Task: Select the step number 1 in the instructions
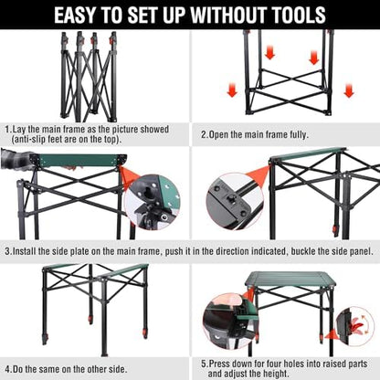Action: click(x=7, y=130)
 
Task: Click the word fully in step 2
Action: click(x=298, y=134)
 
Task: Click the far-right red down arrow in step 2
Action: click(x=349, y=90)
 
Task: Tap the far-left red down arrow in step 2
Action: click(x=232, y=90)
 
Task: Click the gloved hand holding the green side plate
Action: click(x=16, y=159)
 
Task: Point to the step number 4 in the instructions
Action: click(x=8, y=369)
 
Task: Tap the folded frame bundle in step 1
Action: click(x=89, y=76)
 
